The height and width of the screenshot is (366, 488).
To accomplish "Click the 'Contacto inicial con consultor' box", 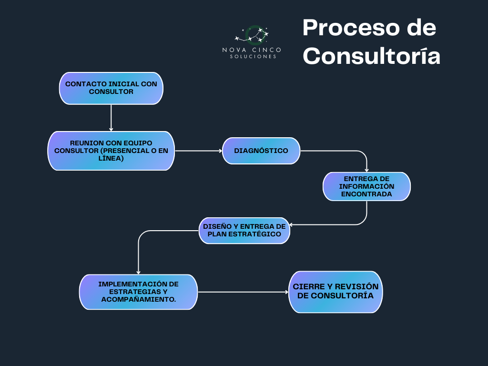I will (111, 88).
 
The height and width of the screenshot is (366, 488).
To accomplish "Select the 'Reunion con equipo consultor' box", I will (111, 151).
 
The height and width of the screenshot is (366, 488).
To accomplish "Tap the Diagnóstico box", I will (261, 151).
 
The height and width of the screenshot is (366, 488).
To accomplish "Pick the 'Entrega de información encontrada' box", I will (366, 186).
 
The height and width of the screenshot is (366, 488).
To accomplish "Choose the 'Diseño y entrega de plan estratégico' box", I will (244, 231).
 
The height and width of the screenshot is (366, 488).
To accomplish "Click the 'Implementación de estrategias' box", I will (138, 292).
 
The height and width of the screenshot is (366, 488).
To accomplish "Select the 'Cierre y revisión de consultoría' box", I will (335, 292).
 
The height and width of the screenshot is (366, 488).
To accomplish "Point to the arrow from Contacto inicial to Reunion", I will (111, 118).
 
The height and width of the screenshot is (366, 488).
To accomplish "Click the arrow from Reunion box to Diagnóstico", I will (198, 151).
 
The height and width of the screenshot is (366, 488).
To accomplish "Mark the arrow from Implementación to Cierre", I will (243, 292).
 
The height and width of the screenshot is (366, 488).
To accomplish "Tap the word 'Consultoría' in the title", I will (371, 56).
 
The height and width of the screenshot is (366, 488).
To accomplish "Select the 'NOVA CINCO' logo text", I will (252, 50).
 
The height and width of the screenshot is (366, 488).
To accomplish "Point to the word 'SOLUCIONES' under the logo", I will (253, 57).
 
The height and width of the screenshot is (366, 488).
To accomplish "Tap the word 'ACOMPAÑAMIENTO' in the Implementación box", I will (138, 299).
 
